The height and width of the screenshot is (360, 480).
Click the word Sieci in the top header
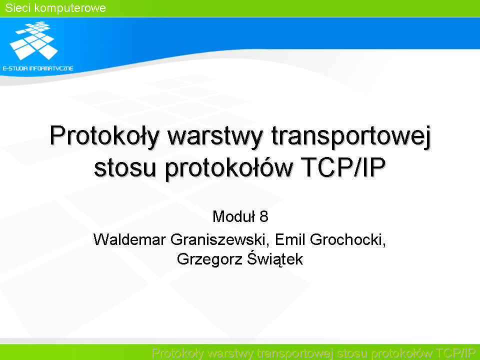pyautogui.click(x=18, y=8)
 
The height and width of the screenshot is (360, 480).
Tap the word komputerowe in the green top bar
pyautogui.click(x=70, y=8)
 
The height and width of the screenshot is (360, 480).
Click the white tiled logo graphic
pyautogui.click(x=33, y=40)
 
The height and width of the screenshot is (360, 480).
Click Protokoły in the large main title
pyautogui.click(x=104, y=136)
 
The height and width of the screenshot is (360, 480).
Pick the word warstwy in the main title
pyautogui.click(x=215, y=136)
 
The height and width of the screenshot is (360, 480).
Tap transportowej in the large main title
pyautogui.click(x=351, y=136)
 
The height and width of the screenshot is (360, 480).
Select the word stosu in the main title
pyautogui.click(x=125, y=168)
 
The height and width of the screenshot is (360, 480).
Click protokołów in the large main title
pyautogui.click(x=229, y=168)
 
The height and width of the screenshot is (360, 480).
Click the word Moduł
pyautogui.click(x=234, y=216)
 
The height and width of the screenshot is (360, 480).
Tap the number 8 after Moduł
pyautogui.click(x=264, y=216)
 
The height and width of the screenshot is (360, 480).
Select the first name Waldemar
pyautogui.click(x=129, y=239)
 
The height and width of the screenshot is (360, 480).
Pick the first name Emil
pyautogui.click(x=290, y=239)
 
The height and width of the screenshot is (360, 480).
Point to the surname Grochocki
pyautogui.click(x=348, y=239)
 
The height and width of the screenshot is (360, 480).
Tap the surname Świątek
pyautogui.click(x=275, y=259)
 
